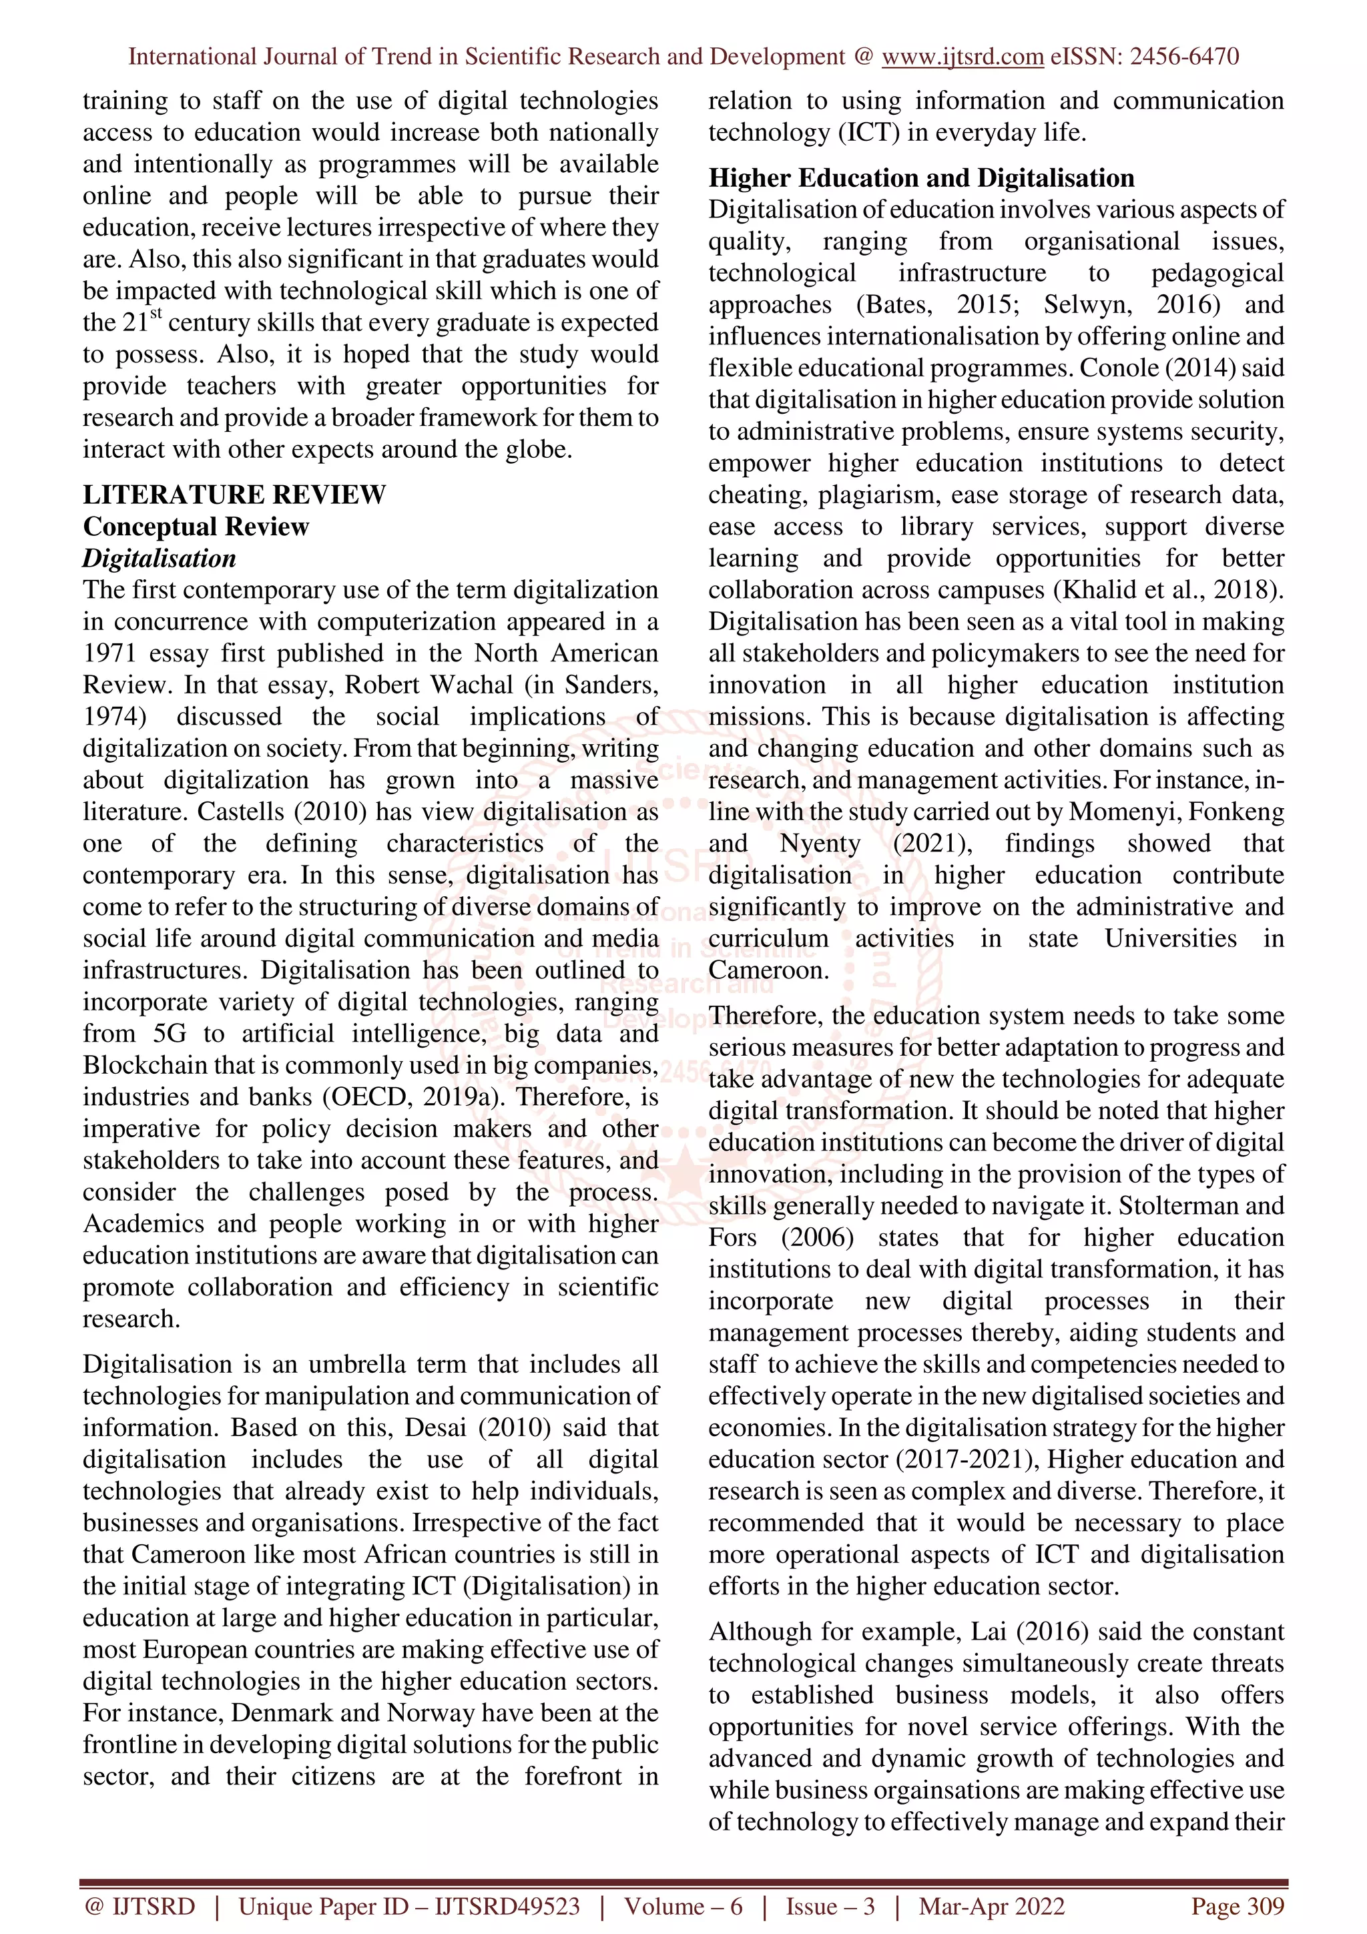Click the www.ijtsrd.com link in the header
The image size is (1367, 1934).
tap(962, 57)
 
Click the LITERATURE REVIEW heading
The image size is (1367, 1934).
tap(234, 495)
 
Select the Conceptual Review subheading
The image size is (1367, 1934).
tap(196, 527)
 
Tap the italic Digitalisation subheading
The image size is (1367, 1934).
tap(159, 559)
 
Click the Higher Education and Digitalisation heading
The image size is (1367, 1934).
tap(920, 178)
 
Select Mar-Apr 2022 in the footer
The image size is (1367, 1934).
tap(991, 1906)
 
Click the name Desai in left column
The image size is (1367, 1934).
tap(437, 1427)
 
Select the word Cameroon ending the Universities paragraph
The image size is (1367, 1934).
tap(768, 970)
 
